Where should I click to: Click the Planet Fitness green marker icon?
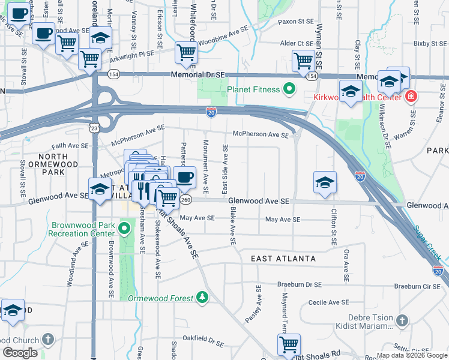point(289,90)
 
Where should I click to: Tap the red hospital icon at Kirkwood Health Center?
point(411,97)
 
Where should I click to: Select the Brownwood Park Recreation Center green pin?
point(124,229)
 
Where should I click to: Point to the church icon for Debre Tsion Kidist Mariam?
point(402,321)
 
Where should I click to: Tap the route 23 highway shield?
point(94,128)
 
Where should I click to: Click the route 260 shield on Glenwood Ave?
point(186,200)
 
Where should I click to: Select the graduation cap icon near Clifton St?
point(325,182)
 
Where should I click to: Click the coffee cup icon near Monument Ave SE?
point(185,176)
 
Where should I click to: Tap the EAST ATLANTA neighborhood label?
point(283,259)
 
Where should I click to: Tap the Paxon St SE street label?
point(296,22)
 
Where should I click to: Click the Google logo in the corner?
point(20,353)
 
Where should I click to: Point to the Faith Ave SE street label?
point(70,145)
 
